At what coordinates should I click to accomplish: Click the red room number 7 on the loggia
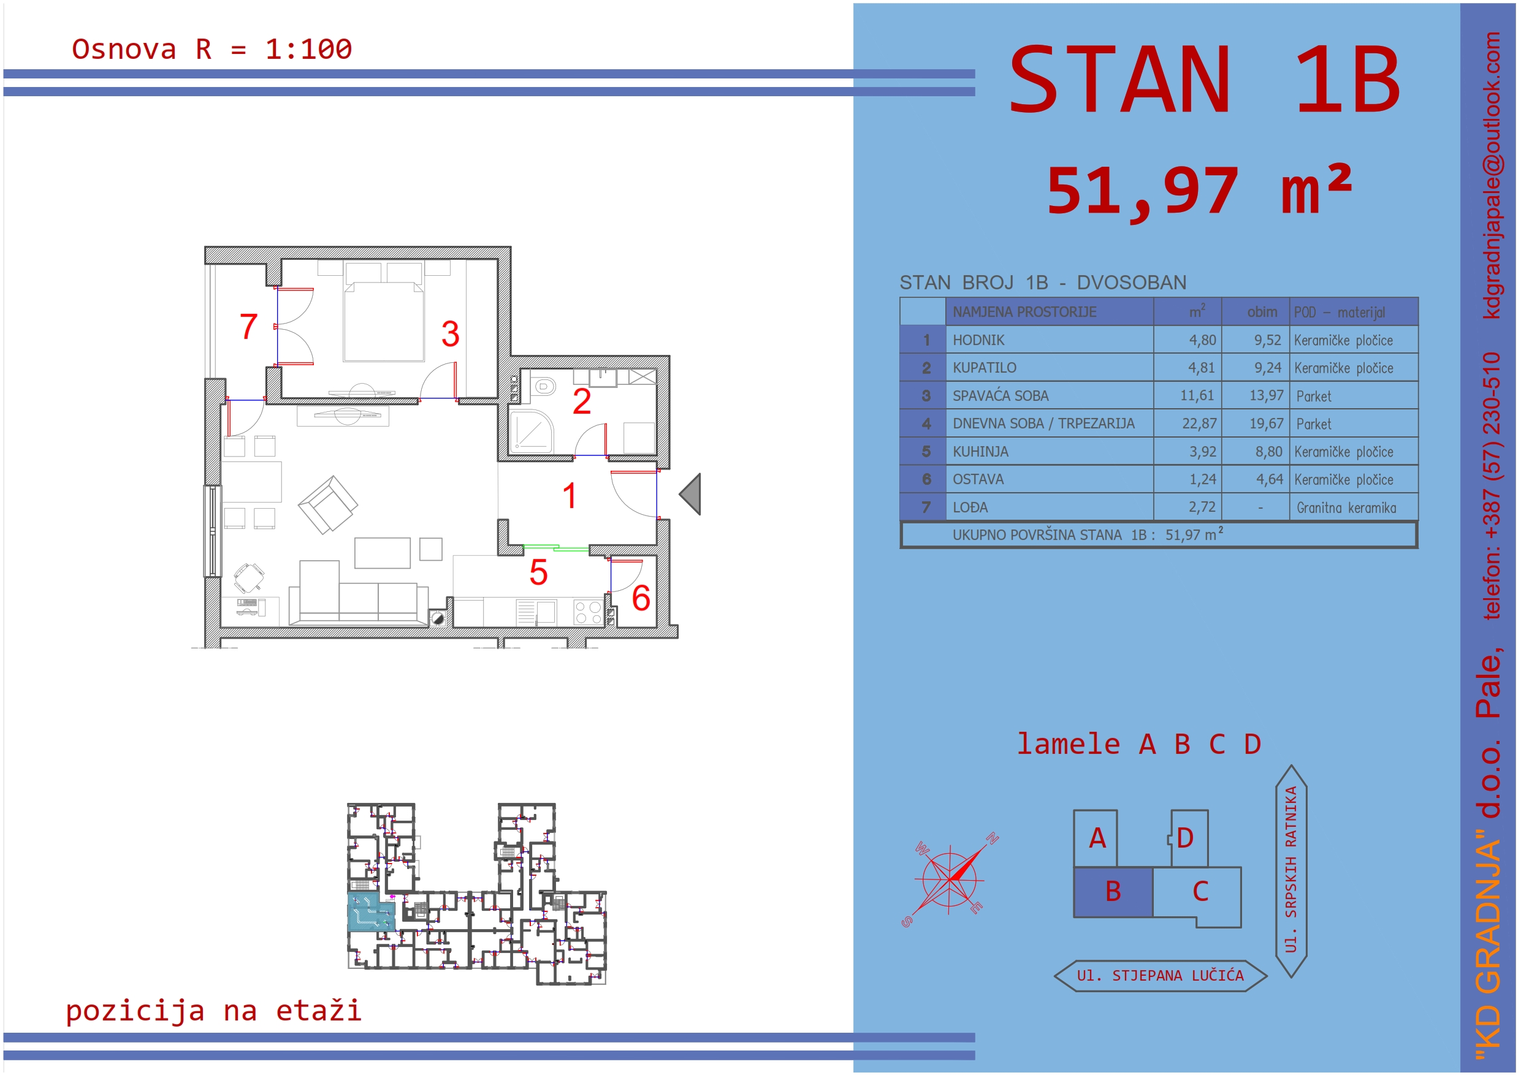pyautogui.click(x=248, y=327)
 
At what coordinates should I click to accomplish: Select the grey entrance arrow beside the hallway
pyautogui.click(x=690, y=494)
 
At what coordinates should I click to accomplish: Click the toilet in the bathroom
pyautogui.click(x=544, y=386)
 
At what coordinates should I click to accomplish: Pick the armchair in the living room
pyautogui.click(x=328, y=505)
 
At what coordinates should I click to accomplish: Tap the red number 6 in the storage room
pyautogui.click(x=641, y=598)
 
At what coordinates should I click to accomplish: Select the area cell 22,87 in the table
pyautogui.click(x=1199, y=424)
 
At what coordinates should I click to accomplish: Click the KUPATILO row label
pyautogui.click(x=984, y=368)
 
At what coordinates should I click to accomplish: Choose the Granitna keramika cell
pyautogui.click(x=1346, y=508)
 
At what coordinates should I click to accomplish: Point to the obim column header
pyautogui.click(x=1262, y=312)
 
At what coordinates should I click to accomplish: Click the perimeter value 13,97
pyautogui.click(x=1266, y=395)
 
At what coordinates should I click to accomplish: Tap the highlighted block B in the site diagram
pyautogui.click(x=1113, y=892)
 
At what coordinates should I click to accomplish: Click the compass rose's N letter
pyautogui.click(x=992, y=838)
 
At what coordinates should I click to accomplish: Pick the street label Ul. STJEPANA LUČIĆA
pyautogui.click(x=1160, y=976)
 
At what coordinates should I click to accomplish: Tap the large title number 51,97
pyautogui.click(x=1142, y=191)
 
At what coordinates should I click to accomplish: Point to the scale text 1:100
pyautogui.click(x=309, y=49)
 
